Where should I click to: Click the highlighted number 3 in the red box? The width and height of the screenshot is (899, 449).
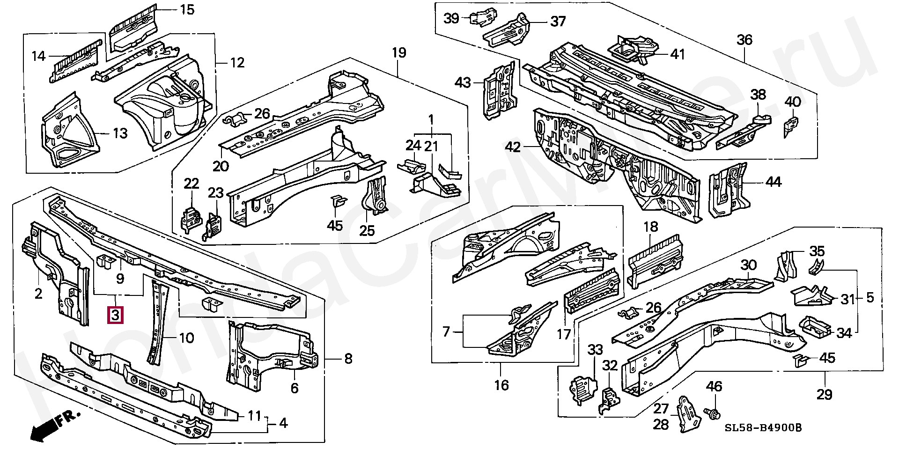coord(116,315)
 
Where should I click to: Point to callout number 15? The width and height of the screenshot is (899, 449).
coord(187,9)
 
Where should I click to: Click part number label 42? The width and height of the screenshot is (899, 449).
coord(513,147)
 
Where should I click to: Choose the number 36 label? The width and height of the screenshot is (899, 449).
coord(744,40)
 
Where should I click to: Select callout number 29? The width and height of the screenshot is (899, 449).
coord(825,394)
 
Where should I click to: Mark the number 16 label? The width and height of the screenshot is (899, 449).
coord(501,385)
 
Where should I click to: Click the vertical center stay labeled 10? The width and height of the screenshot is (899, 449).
coord(159,323)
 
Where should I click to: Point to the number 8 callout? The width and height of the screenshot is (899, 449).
coord(348,359)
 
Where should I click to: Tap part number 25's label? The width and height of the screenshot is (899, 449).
coord(367,231)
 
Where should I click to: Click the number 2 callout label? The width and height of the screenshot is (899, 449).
coord(38,294)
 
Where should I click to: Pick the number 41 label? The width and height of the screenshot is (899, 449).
coord(678,54)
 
